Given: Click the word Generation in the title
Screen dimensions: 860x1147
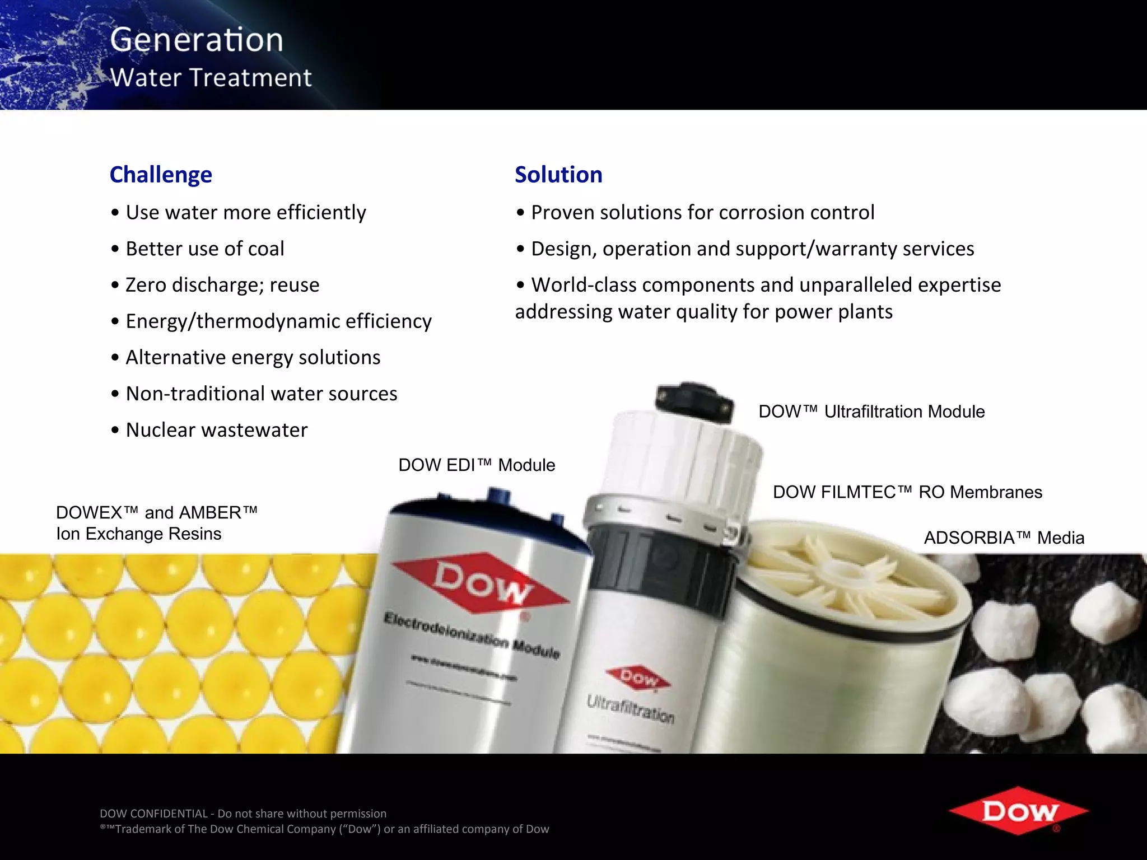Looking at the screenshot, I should click(197, 40).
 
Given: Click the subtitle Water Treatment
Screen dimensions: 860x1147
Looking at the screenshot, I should click(211, 77).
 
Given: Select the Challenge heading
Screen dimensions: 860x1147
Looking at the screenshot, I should click(161, 175).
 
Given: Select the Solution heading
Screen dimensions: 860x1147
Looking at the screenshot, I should click(558, 175).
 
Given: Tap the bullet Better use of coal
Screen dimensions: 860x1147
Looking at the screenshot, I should click(204, 249).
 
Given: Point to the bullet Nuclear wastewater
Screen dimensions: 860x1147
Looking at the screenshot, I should click(216, 430).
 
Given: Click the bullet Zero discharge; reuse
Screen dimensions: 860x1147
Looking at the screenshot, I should click(222, 285).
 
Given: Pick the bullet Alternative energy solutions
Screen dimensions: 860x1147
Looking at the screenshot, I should click(253, 357).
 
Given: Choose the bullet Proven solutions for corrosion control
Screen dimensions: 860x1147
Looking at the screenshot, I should click(702, 213).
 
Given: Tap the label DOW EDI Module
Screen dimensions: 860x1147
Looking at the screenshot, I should click(477, 465).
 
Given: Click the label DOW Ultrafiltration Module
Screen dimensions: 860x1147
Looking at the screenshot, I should click(871, 412).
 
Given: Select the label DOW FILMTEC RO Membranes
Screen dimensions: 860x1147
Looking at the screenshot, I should click(907, 492).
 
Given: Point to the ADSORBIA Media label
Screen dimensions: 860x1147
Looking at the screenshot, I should click(1004, 538).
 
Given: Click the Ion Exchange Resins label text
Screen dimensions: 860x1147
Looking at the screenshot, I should click(139, 534).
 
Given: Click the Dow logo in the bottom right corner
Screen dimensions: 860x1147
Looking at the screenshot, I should click(1018, 811).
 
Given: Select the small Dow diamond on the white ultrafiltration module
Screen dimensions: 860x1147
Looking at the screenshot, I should click(638, 679).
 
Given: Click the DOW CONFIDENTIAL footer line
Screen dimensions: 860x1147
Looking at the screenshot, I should click(243, 814).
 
